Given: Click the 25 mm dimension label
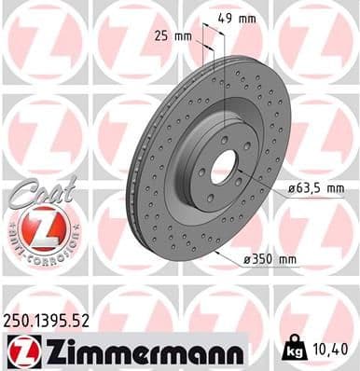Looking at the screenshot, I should coord(174,37).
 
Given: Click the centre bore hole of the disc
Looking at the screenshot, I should coord(223,165).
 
